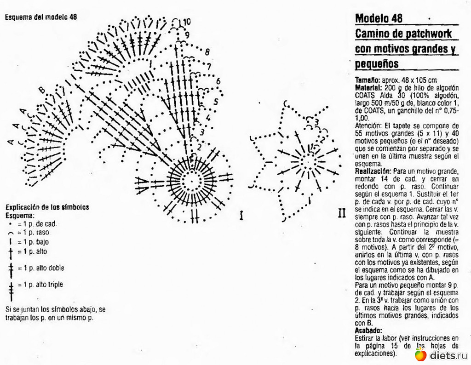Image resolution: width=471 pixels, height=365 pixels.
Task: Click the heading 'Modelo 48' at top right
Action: coord(379,18)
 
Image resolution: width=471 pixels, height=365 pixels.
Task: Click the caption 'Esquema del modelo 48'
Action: coord(41,17)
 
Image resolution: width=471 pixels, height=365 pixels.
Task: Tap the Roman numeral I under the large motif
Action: coord(241,215)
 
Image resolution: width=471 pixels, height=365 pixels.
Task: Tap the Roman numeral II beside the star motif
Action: coord(342,213)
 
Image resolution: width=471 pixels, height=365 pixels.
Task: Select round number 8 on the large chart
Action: coord(207,51)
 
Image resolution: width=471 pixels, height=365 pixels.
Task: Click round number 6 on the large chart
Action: coord(218,81)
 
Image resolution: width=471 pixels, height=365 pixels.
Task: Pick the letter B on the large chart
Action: coord(42,90)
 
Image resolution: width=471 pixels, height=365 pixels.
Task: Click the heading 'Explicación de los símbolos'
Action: coord(47,207)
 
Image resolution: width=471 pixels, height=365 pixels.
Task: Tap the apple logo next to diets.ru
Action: coord(420,354)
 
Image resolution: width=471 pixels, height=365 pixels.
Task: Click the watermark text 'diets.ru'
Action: coord(448,355)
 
